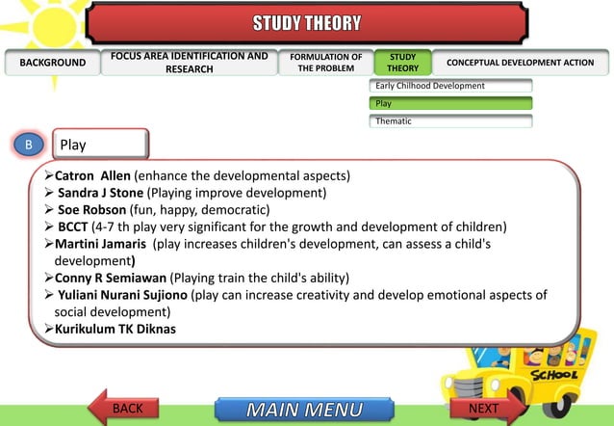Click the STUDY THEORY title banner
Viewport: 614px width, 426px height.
[307, 22]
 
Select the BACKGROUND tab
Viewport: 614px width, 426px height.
[52, 64]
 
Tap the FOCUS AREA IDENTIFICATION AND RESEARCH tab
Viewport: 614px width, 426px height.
[190, 64]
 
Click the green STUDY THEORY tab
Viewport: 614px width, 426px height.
[402, 64]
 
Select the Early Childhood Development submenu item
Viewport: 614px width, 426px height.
[450, 87]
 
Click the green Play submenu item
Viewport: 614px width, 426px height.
[450, 103]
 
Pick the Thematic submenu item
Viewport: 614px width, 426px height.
[450, 120]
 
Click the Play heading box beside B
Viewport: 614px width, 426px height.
[100, 145]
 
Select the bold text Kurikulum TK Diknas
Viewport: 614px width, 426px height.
[115, 330]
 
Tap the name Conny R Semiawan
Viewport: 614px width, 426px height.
[112, 278]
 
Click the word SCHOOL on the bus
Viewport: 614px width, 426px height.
[555, 374]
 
